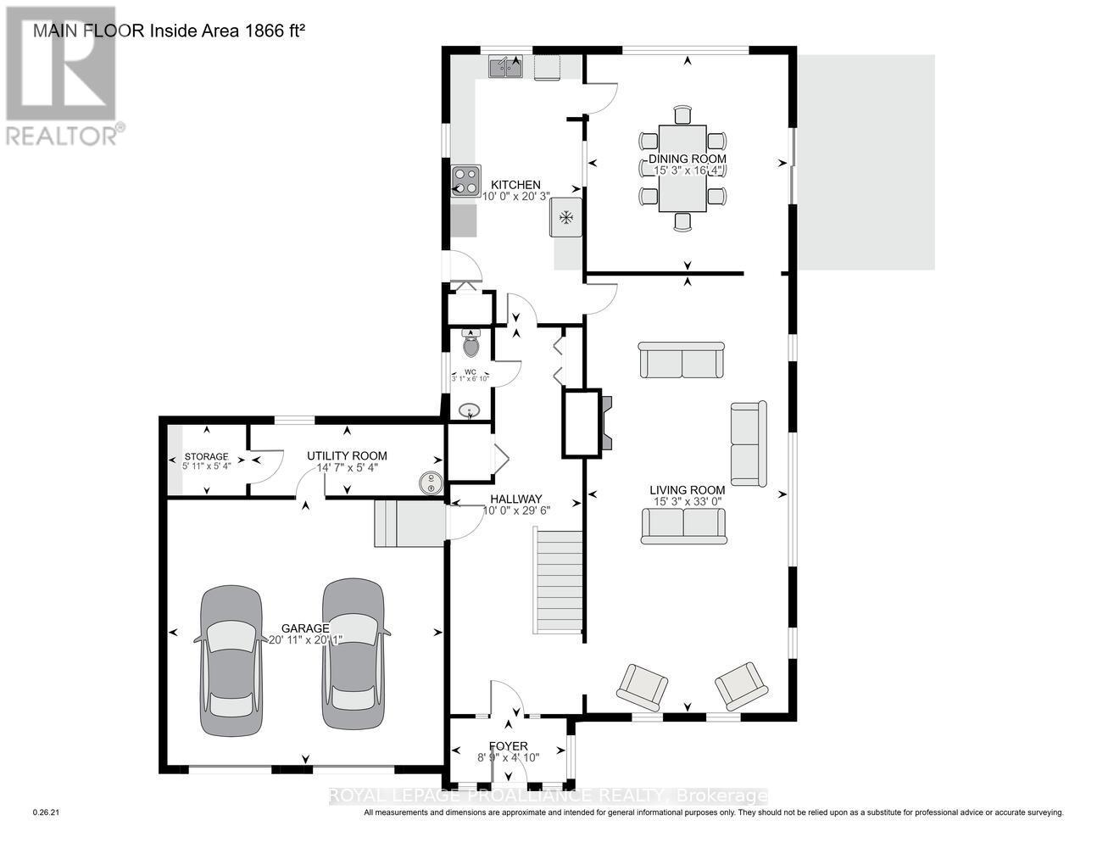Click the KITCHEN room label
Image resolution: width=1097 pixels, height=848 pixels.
click(x=515, y=185)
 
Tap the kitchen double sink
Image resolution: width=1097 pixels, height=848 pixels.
click(x=505, y=67)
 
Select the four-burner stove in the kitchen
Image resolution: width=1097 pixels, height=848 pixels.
click(x=465, y=181)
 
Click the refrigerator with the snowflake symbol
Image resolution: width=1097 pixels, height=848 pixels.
click(x=565, y=218)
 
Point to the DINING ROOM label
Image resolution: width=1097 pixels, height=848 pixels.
click(x=687, y=159)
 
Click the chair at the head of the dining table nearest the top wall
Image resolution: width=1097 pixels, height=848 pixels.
click(x=682, y=115)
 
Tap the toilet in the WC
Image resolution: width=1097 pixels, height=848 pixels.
click(x=471, y=344)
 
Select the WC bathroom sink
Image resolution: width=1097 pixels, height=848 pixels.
click(x=468, y=411)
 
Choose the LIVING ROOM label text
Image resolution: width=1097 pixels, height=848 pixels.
click(x=687, y=489)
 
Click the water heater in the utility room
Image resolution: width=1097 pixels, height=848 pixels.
click(x=431, y=483)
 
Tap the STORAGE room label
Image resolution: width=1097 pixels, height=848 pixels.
click(x=206, y=456)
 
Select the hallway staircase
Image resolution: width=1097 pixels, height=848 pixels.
click(x=559, y=581)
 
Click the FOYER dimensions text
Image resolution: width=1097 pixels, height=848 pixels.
click(x=508, y=758)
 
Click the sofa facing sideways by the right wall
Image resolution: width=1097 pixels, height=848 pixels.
click(x=748, y=444)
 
